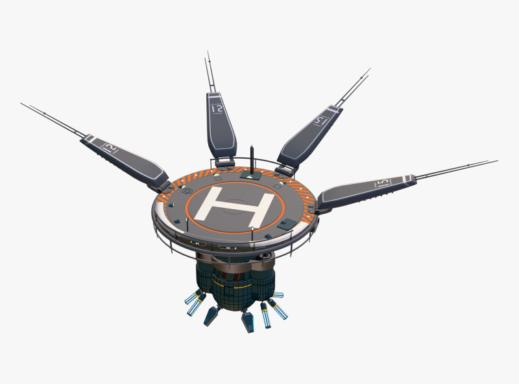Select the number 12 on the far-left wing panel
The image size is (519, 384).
[111, 149]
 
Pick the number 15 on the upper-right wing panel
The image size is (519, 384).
[319, 120]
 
